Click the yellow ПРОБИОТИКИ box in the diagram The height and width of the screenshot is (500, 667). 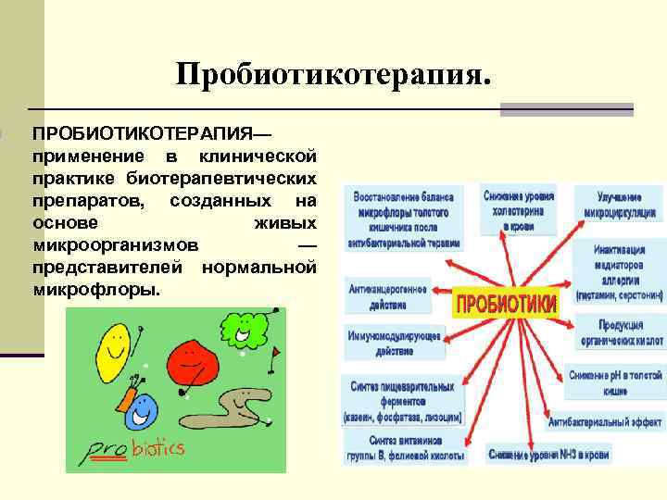click(x=505, y=303)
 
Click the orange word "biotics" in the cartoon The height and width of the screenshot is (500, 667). click(x=158, y=450)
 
